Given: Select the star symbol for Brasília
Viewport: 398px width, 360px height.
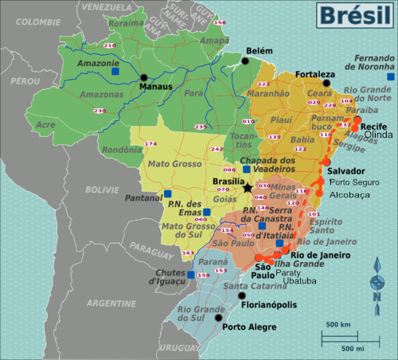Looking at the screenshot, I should coord(248,187).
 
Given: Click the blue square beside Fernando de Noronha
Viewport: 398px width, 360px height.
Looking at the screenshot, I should coord(389,77).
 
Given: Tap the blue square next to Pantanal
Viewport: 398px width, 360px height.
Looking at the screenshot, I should coord(168,194).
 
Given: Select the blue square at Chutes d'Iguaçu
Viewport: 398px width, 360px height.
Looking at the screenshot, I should coord(191,275).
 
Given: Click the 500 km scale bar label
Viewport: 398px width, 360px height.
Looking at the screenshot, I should coord(339,325).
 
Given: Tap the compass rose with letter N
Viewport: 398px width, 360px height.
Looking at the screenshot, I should coord(378,286).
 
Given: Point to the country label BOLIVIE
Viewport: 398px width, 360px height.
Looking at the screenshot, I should coord(103,190).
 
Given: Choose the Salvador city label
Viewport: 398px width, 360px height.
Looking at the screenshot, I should coord(347,171).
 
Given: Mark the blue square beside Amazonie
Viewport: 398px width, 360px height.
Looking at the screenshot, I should coord(115,71).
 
